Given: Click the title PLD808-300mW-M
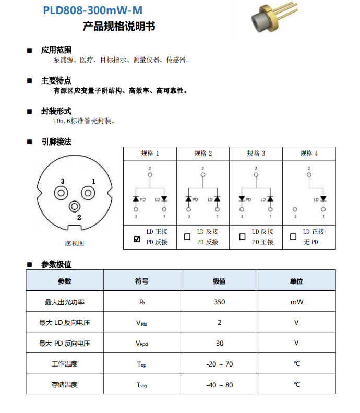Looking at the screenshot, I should pos(92,10).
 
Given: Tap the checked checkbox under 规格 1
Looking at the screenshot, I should pos(137,239).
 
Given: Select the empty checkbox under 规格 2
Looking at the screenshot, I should pos(187,237).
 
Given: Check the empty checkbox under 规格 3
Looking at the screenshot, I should pos(242,237).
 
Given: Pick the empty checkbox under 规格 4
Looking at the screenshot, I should pos(293,237).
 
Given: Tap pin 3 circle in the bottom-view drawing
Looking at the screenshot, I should pos(62,192).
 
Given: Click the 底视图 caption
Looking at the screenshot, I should pos(74,243).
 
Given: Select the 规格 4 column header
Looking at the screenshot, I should pos(309,154).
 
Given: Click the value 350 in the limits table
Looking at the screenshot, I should pos(219,302).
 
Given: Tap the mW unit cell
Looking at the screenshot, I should pos(296,302).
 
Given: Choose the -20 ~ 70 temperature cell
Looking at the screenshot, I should pos(219,364).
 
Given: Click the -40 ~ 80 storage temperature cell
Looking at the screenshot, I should pos(219,385).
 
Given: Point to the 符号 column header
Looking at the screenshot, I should pos(141,281).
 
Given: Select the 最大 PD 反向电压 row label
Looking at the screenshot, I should pos(65,343).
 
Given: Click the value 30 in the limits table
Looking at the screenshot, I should pos(219,343).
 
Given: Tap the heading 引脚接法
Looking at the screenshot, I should pos(56,141).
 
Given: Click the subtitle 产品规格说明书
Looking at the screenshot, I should pos(119,27).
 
